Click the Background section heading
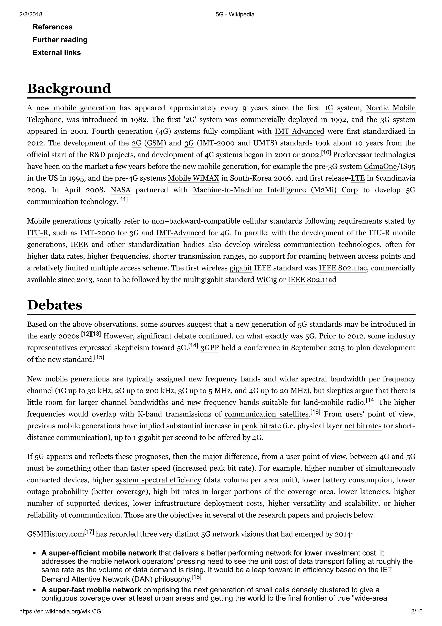[69, 89]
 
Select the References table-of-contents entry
[53, 27]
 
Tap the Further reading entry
[60, 40]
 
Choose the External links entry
[57, 53]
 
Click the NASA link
[120, 190]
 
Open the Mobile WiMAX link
[193, 178]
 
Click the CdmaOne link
[380, 167]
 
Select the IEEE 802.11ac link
[343, 268]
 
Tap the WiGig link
[266, 280]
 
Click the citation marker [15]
[99, 357]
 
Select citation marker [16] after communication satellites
[315, 412]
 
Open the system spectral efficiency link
[158, 480]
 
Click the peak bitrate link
[261, 426]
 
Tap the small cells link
[272, 590]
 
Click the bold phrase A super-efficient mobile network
[99, 553]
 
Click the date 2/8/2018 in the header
[31, 14]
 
